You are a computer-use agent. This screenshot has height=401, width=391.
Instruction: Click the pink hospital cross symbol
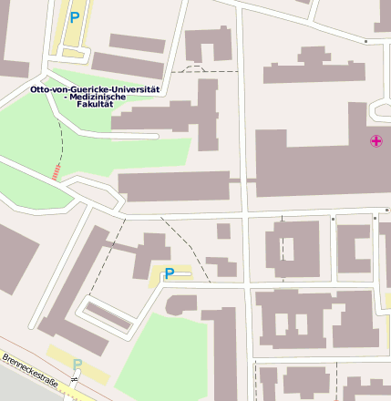click(376, 140)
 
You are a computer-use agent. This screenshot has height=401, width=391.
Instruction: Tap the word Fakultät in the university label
click(95, 105)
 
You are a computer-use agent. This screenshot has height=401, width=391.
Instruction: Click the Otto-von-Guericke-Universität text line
click(95, 89)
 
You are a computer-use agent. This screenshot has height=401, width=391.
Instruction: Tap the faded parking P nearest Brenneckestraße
click(77, 365)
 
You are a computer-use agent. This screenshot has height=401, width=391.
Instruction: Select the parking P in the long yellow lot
click(75, 15)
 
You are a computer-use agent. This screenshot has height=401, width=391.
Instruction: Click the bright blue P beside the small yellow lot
click(169, 272)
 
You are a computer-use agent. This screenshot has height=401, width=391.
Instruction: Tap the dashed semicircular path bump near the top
click(192, 67)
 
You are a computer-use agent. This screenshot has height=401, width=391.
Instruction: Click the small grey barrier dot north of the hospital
click(365, 41)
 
